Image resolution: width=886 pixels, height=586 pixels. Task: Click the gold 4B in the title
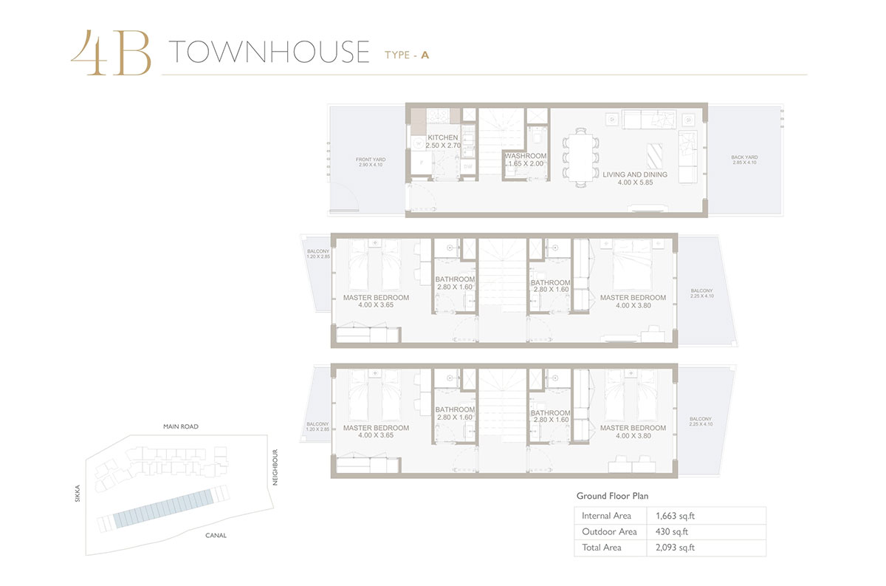point(111,53)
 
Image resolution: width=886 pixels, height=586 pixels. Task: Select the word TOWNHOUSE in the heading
point(269,52)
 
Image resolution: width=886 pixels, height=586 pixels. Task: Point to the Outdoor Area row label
point(609,532)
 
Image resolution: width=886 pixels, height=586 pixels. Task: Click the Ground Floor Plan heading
point(612,496)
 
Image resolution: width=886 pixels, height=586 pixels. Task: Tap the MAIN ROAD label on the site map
point(181,426)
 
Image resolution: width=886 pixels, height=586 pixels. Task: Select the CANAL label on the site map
point(216,535)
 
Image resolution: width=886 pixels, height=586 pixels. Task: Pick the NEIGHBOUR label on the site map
point(274,467)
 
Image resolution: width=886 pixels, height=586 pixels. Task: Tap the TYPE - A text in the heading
point(407,54)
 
